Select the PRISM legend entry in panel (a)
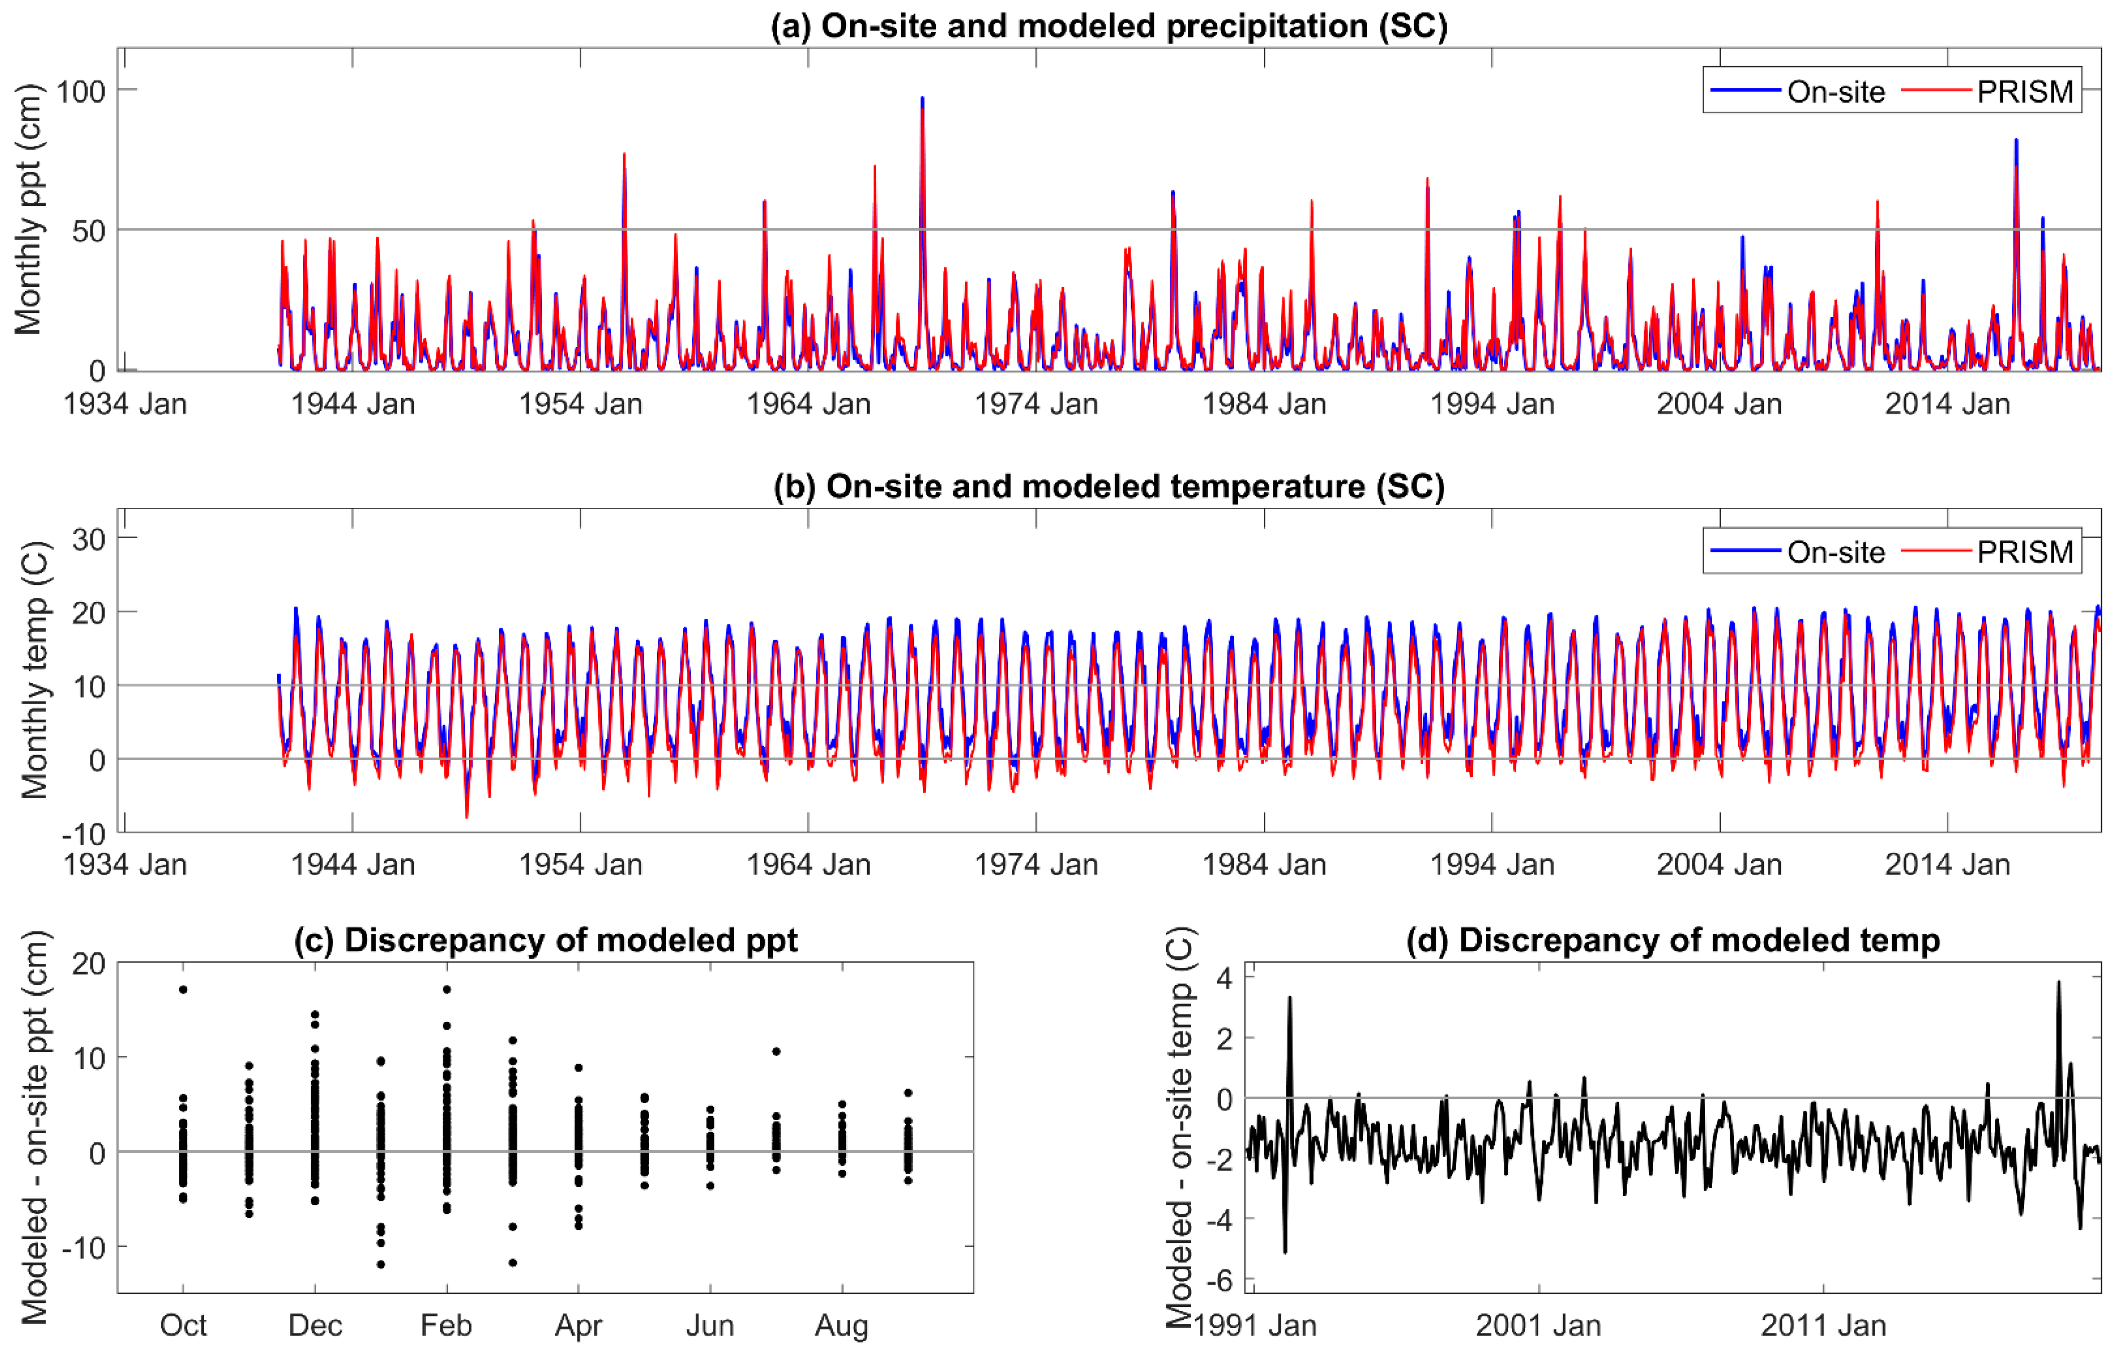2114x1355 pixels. coord(2024,92)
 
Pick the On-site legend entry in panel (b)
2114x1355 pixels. coord(1835,552)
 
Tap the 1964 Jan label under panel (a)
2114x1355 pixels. coord(808,404)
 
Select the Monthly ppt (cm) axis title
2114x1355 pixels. coord(28,209)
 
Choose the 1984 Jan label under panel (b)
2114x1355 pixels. coord(1264,864)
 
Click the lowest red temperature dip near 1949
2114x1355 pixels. coord(466,817)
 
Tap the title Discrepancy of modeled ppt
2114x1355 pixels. coord(545,940)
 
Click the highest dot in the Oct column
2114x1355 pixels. coord(183,989)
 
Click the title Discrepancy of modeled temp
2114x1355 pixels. coord(1672,940)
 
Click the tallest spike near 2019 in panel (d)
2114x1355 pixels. coord(2058,982)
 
